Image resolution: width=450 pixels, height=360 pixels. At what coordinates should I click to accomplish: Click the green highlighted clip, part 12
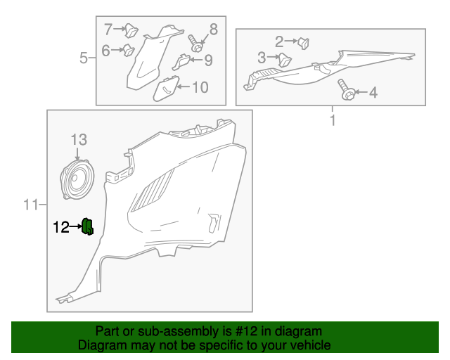tap(87, 226)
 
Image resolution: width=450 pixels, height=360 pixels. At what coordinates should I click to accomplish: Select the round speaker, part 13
tap(77, 179)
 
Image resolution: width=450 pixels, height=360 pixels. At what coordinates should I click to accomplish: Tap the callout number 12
tap(61, 227)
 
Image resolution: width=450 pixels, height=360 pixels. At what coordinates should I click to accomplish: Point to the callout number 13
tap(79, 140)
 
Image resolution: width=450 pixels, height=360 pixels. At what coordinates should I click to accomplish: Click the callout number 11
tap(30, 205)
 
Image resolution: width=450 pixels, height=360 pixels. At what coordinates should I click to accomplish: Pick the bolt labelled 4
tap(347, 89)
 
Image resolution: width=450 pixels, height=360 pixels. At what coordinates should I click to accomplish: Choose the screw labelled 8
tap(195, 44)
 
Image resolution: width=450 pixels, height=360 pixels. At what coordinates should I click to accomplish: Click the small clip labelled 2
tap(303, 43)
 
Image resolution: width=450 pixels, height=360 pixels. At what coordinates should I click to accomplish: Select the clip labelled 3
tap(285, 60)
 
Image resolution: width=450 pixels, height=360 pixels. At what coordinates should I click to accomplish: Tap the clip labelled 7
tap(131, 31)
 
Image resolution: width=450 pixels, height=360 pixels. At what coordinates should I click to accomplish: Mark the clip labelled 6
tap(129, 50)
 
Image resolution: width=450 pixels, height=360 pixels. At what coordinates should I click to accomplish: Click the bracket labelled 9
tap(181, 62)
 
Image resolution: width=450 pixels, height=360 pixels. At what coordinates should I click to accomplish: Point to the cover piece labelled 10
tap(166, 89)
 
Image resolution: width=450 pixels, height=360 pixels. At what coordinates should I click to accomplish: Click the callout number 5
tap(83, 58)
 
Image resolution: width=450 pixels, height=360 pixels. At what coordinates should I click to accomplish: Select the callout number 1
tap(333, 120)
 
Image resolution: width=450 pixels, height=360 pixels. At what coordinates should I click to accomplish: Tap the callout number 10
tap(200, 87)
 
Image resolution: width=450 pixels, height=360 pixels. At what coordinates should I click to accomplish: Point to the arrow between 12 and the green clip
tap(76, 226)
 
